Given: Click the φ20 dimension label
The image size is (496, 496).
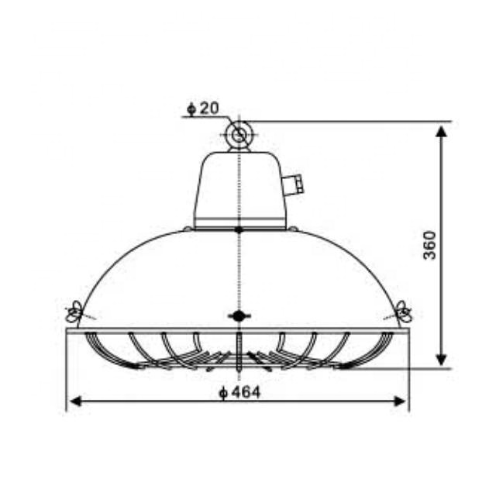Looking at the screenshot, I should [x=203, y=108].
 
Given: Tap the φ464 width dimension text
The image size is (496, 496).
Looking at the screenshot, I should [x=239, y=392].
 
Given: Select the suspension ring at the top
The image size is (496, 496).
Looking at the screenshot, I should [x=239, y=136].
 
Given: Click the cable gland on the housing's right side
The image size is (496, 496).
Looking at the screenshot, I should [x=293, y=185].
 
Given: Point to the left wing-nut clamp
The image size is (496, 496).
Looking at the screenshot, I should [x=74, y=313].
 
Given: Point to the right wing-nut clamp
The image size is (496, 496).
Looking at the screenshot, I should [x=404, y=313].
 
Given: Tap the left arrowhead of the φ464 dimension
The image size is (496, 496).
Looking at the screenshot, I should [x=74, y=401].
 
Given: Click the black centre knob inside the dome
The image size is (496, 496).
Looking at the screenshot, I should [x=239, y=315].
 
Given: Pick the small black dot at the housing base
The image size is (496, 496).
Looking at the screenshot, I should [x=239, y=229].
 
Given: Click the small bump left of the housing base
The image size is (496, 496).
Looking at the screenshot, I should [x=188, y=229].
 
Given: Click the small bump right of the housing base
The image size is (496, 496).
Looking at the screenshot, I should [x=293, y=229].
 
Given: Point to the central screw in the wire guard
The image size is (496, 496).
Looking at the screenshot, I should [x=240, y=347].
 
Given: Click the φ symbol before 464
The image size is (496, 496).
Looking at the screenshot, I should [x=222, y=393].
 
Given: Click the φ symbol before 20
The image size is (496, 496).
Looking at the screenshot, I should [x=191, y=108].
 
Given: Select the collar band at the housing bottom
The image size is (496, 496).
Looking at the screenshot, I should [x=239, y=223].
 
